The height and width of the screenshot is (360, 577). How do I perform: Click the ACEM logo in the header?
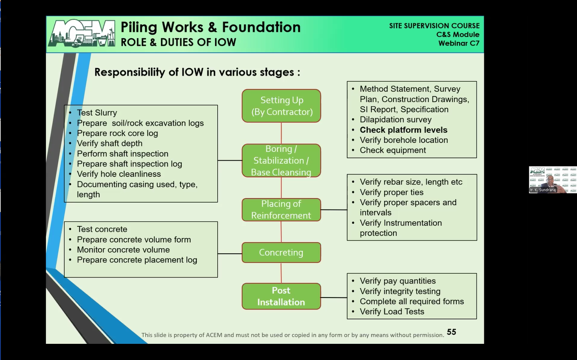(82, 34)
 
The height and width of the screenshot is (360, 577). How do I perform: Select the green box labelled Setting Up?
(281, 106)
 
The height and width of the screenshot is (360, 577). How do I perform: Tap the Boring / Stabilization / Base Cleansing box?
(281, 160)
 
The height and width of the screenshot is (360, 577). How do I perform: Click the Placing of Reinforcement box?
(281, 209)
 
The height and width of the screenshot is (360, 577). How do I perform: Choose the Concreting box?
(281, 253)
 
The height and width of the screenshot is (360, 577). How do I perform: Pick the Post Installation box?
(281, 296)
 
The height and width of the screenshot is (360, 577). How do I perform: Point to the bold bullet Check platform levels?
(403, 130)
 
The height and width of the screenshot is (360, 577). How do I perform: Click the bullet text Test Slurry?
(97, 113)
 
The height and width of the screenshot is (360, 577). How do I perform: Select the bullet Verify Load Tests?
(392, 312)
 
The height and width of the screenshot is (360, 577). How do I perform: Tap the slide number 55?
(451, 332)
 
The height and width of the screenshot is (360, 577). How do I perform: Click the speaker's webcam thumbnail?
(553, 180)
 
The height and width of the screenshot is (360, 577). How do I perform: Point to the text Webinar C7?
(459, 43)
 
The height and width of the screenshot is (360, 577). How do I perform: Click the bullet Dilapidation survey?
(395, 120)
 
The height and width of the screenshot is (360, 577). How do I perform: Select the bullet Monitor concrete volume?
(123, 250)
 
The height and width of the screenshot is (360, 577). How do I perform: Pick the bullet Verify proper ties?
(391, 192)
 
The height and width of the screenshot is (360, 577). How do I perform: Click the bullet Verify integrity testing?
(400, 291)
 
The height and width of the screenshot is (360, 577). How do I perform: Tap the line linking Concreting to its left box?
(229, 253)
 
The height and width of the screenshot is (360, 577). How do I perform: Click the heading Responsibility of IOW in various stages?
(197, 72)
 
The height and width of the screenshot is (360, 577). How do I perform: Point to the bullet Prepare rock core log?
(117, 133)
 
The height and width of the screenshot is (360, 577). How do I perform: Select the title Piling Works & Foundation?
(210, 27)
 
